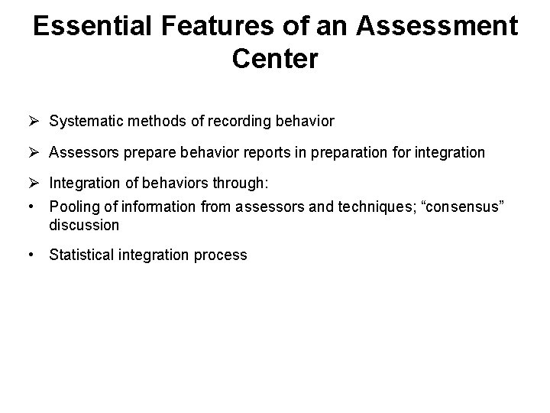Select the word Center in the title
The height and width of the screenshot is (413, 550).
click(275, 59)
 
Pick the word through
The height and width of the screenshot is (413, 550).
click(244, 184)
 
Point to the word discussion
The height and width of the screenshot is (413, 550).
click(84, 225)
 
